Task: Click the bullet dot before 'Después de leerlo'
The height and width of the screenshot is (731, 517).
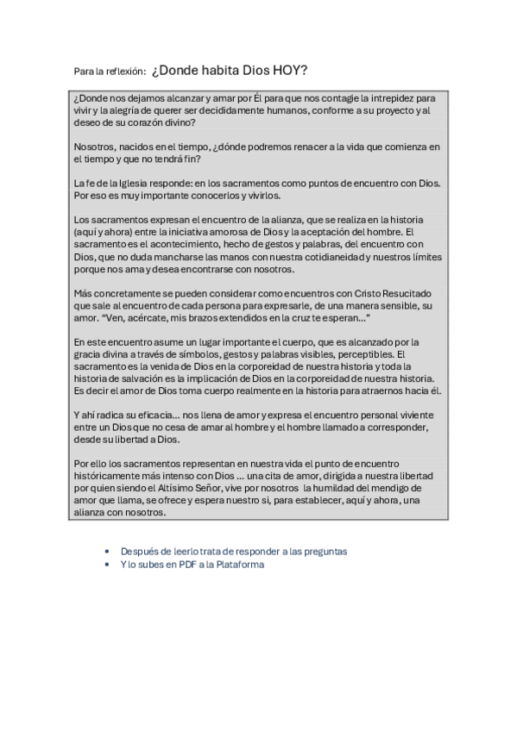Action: [x=106, y=551]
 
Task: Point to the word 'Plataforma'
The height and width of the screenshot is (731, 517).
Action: [x=239, y=565]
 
